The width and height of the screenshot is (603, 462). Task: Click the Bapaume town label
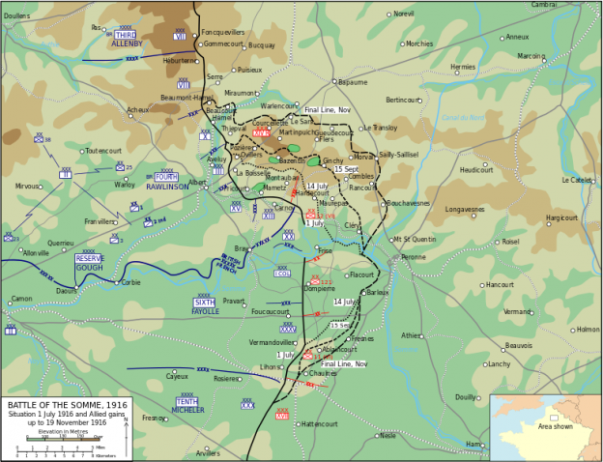353,83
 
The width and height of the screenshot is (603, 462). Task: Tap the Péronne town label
413,257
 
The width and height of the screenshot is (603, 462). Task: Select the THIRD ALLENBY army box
127,40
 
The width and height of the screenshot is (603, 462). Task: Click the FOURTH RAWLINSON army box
167,182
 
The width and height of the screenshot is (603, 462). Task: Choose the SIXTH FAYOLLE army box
205,307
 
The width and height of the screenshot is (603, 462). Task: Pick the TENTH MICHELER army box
187,405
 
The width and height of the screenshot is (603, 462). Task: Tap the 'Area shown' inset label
555,425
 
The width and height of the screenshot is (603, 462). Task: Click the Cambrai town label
571,5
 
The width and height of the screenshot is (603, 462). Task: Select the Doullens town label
16,16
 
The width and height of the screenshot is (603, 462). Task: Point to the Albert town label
196,182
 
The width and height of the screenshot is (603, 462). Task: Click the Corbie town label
130,283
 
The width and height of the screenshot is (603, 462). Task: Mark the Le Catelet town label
578,180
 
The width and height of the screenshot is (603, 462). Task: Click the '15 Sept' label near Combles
346,169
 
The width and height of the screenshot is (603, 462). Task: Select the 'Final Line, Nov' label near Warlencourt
328,110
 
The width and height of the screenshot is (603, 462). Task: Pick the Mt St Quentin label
415,240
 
